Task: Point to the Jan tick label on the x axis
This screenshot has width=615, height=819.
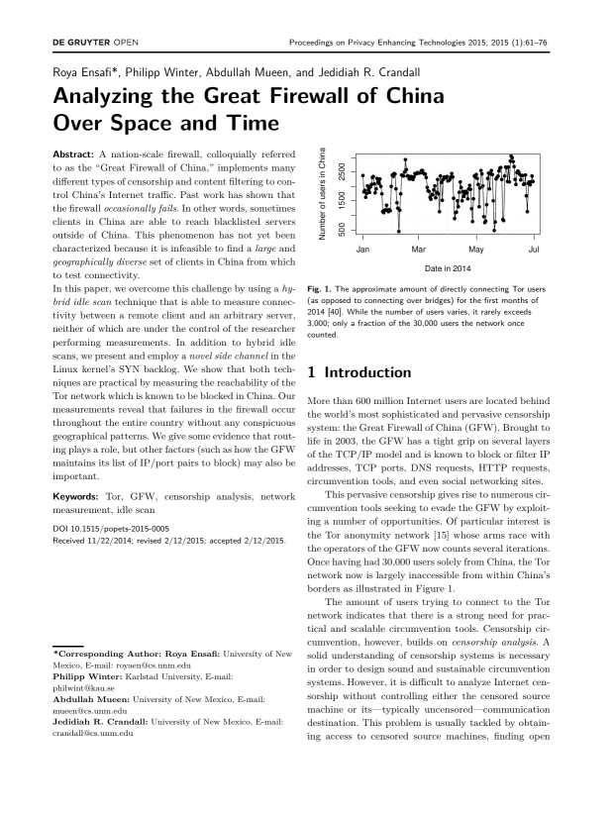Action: click(x=362, y=248)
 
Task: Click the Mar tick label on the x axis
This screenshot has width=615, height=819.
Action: click(x=419, y=248)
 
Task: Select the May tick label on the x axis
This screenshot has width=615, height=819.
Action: click(x=476, y=248)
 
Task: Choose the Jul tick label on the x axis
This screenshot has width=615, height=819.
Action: click(x=533, y=248)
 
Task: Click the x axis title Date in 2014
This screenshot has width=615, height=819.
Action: click(x=448, y=268)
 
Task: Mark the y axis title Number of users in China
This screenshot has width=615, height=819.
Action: click(x=323, y=192)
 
